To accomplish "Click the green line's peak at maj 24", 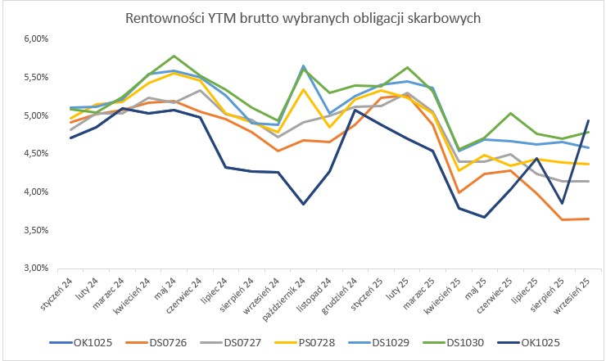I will point(173,56).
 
